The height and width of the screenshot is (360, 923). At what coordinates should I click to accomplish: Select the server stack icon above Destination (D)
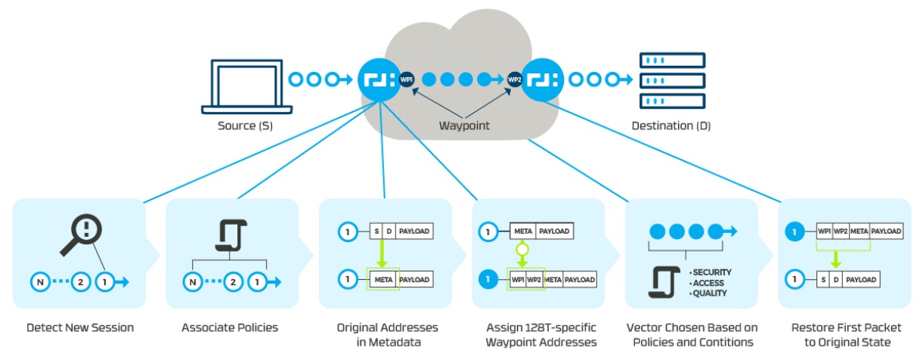671,80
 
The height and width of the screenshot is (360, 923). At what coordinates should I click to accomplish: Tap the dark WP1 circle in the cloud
407,79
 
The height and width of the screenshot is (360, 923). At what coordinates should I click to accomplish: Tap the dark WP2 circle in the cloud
515,79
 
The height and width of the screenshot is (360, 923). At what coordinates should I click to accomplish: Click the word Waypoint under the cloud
464,126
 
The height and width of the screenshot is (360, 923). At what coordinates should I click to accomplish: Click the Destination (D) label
671,126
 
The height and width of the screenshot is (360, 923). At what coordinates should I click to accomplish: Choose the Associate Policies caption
230,328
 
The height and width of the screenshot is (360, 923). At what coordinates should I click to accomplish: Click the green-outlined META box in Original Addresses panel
381,280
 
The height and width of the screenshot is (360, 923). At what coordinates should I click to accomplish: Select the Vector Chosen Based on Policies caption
691,334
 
